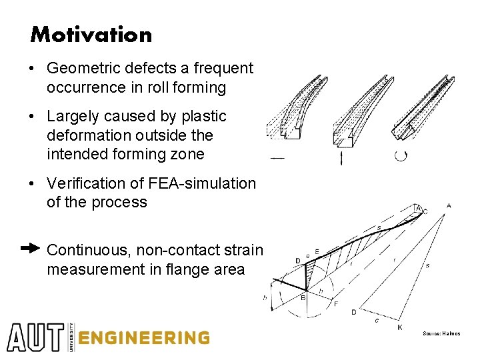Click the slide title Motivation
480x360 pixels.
pyautogui.click(x=91, y=35)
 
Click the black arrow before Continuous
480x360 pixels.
pyautogui.click(x=31, y=249)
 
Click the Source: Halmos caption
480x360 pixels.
pyautogui.click(x=441, y=333)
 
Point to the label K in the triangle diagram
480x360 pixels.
pyautogui.click(x=399, y=327)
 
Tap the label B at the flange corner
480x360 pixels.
pyautogui.click(x=303, y=298)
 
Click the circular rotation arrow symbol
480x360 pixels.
pyautogui.click(x=401, y=156)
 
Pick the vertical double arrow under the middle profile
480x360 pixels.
pyautogui.click(x=341, y=158)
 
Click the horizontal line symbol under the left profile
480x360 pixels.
pyautogui.click(x=277, y=158)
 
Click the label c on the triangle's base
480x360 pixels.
pyautogui.click(x=376, y=320)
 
